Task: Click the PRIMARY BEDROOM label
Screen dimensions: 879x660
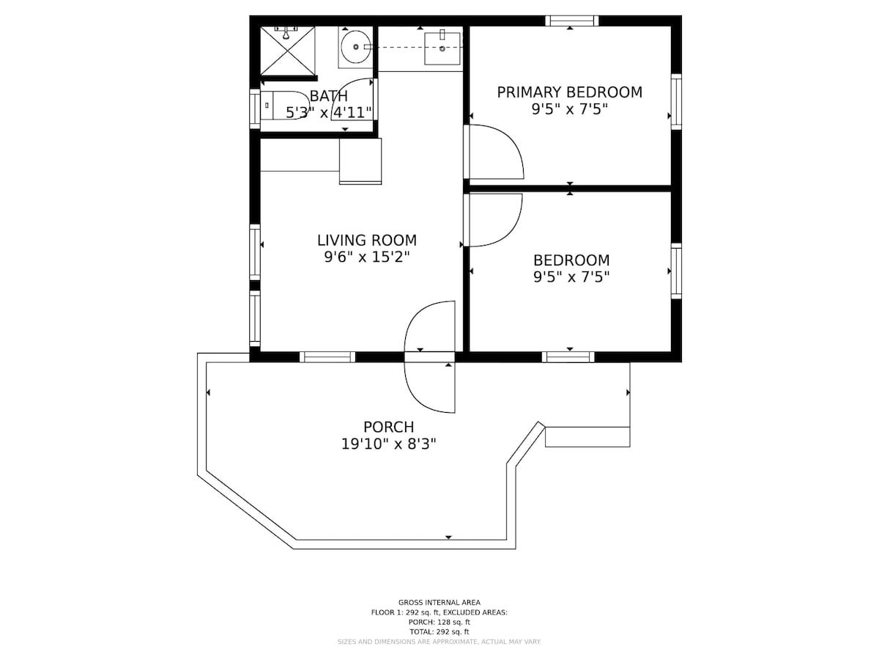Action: (569, 92)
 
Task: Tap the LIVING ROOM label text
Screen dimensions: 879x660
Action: (367, 241)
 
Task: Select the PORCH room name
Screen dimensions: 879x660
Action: (388, 427)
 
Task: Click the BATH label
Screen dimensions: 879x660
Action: (328, 96)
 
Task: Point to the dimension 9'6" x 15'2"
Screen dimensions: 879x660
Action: (367, 257)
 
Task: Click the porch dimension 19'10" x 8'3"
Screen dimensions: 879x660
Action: (388, 444)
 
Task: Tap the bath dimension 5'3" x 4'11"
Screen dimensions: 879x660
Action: (329, 113)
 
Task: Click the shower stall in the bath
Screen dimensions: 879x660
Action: (288, 51)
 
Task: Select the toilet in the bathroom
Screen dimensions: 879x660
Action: (285, 106)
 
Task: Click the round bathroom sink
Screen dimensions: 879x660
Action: (355, 47)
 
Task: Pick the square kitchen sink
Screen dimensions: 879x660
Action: (442, 48)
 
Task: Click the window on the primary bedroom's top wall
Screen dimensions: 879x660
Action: (571, 21)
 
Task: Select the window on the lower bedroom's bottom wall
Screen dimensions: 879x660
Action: (568, 356)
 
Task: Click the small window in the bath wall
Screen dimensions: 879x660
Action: (255, 109)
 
